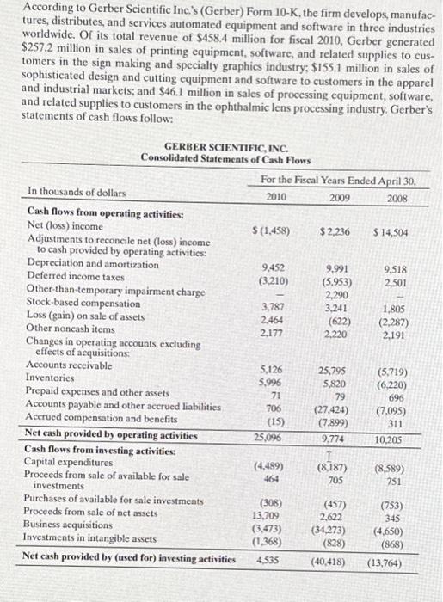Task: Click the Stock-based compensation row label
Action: [83, 304]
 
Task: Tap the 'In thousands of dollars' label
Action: [77, 193]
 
